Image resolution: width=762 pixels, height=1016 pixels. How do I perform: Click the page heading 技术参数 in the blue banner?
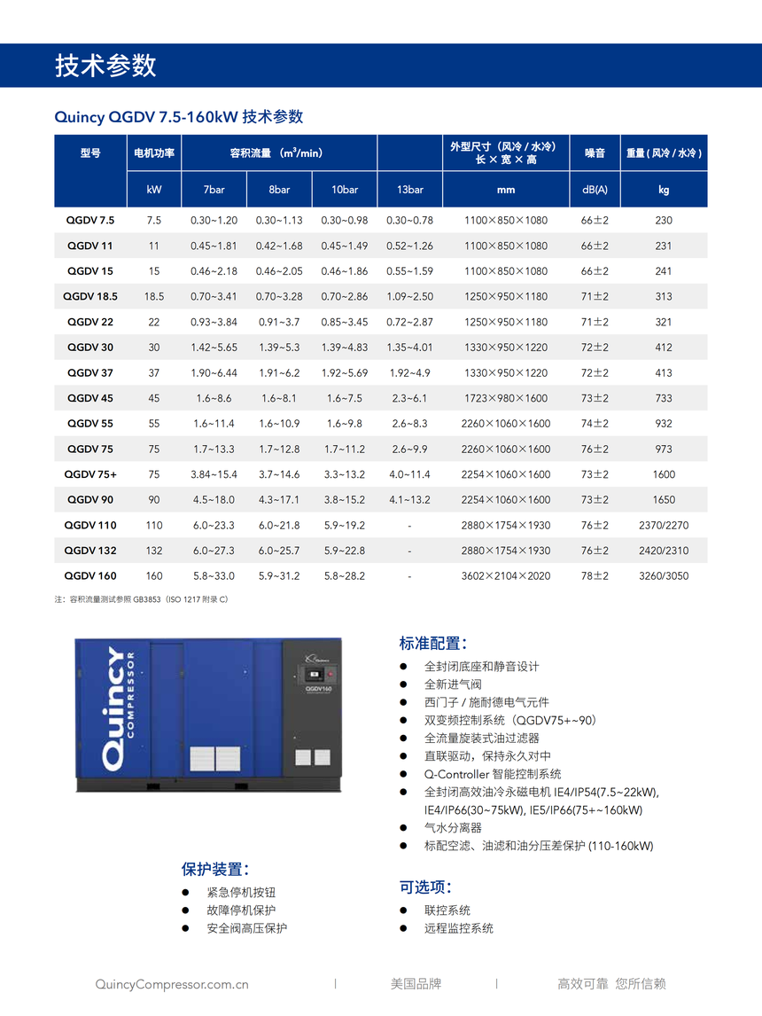click(x=105, y=66)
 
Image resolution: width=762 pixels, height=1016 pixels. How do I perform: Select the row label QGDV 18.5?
click(x=90, y=296)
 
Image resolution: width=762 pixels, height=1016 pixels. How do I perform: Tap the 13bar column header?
click(x=409, y=190)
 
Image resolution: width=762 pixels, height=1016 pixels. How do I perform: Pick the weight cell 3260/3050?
click(x=664, y=576)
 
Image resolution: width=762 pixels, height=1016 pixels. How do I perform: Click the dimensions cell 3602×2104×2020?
click(x=505, y=576)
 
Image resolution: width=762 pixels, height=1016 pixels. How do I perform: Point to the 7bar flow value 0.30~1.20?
click(x=214, y=220)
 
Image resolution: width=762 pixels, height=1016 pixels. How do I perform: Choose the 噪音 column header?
click(x=595, y=153)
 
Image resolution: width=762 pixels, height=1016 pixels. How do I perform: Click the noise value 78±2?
click(x=595, y=576)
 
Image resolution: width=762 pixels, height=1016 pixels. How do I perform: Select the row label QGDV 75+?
click(x=90, y=474)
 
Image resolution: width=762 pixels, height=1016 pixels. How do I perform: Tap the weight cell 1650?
click(x=664, y=500)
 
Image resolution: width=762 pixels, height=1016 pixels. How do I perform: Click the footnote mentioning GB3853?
click(x=142, y=600)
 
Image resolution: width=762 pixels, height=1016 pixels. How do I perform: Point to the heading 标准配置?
click(x=432, y=644)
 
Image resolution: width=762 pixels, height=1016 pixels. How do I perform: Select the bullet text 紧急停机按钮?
click(x=241, y=892)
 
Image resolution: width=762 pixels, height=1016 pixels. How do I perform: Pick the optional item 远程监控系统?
click(x=458, y=928)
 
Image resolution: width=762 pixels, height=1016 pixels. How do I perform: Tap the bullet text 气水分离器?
click(x=453, y=827)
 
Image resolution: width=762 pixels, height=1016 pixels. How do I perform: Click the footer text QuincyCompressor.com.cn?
click(x=171, y=983)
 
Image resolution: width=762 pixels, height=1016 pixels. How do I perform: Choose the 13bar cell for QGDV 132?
click(x=409, y=551)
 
